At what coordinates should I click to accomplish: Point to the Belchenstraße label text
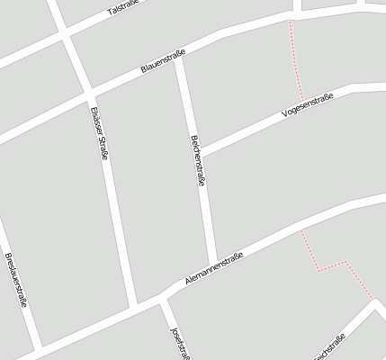click(197, 160)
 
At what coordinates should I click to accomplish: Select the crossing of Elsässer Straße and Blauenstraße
click(89, 90)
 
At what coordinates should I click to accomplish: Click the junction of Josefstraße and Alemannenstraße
click(162, 298)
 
